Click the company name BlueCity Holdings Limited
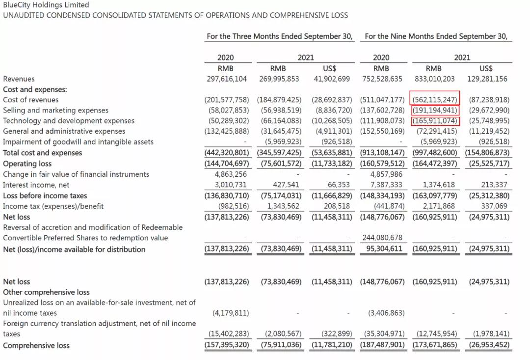coord(46,5)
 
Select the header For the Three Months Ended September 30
coord(280,36)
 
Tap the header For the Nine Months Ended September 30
coord(436,36)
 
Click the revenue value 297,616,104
coord(227,79)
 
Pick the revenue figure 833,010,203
coord(434,79)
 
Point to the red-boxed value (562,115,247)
coord(434,100)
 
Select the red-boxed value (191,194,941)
coord(435,111)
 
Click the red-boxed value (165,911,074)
coord(435,121)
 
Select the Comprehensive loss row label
coord(36,345)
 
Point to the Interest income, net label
coord(36,185)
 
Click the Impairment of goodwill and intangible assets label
coord(78,142)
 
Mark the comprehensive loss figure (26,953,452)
coord(487,345)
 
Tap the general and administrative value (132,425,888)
coord(227,131)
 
